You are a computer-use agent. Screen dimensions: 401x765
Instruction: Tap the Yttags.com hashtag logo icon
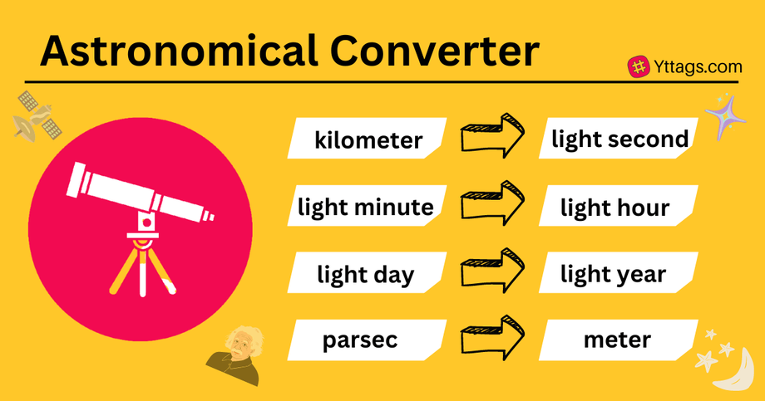pyautogui.click(x=639, y=67)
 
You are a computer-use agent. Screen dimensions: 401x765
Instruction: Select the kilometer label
pyautogui.click(x=368, y=140)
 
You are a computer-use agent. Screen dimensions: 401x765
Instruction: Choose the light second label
pyautogui.click(x=619, y=139)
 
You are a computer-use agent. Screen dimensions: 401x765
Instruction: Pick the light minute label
pyautogui.click(x=366, y=206)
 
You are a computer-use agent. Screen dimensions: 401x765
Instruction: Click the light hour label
pyautogui.click(x=614, y=206)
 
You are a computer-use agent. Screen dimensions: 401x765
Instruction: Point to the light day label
pyautogui.click(x=365, y=273)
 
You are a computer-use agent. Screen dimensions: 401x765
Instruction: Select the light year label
pyautogui.click(x=613, y=273)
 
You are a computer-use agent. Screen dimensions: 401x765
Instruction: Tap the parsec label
pyautogui.click(x=361, y=340)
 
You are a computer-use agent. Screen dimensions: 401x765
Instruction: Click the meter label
pyautogui.click(x=616, y=339)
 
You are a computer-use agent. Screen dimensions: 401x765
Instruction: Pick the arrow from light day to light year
pyautogui.click(x=493, y=269)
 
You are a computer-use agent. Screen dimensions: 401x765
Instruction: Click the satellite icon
pyautogui.click(x=38, y=116)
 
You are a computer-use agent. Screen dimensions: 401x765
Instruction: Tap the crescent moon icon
pyautogui.click(x=736, y=370)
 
